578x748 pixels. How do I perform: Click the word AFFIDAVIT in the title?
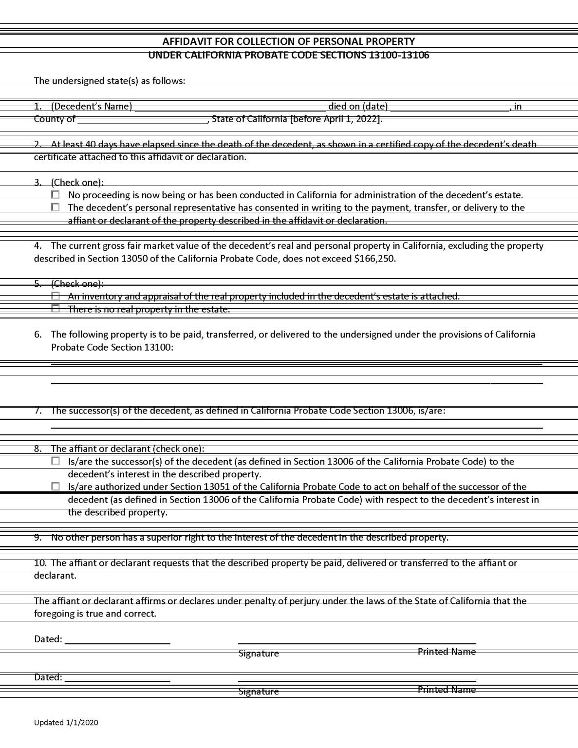(186, 41)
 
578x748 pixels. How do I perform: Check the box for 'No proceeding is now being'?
(56, 195)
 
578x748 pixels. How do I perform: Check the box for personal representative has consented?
(56, 207)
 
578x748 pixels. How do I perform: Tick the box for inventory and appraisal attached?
(56, 296)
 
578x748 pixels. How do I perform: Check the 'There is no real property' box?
(56, 309)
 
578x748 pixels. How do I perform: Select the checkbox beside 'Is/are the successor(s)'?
(56, 461)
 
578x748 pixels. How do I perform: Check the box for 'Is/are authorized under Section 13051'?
(56, 486)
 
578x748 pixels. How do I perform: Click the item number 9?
(37, 538)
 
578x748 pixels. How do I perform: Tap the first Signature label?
(259, 654)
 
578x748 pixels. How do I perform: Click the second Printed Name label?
(447, 690)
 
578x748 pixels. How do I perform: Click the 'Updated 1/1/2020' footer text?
(66, 723)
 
